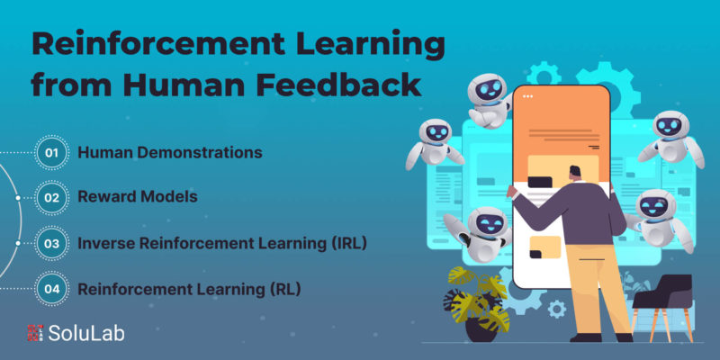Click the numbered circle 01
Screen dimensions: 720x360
click(x=52, y=152)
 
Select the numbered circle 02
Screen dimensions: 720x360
click(x=52, y=198)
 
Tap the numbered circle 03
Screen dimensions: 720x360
click(x=52, y=243)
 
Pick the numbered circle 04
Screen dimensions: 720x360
click(x=52, y=289)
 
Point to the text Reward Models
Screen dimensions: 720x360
click(x=138, y=197)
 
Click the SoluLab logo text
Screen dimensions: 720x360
click(x=86, y=333)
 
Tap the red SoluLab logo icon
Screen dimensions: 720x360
click(x=35, y=333)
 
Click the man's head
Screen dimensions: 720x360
click(x=575, y=173)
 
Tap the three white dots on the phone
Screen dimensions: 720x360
click(x=527, y=96)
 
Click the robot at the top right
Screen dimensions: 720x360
click(x=670, y=138)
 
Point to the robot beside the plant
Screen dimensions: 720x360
click(x=480, y=232)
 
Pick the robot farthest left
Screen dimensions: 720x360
click(x=434, y=143)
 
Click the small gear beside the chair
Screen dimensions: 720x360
click(x=557, y=309)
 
